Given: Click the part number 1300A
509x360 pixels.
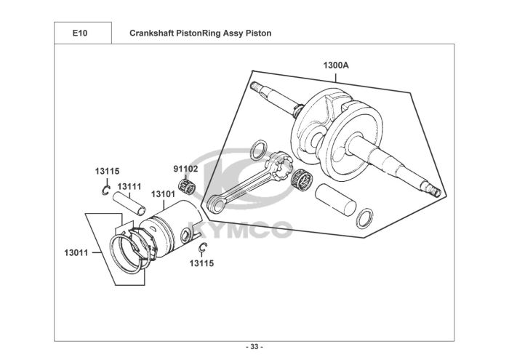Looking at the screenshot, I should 337,65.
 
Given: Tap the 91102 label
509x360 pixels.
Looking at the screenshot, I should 185,169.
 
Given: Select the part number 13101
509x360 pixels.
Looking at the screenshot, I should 163,194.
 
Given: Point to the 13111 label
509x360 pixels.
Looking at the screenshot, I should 129,186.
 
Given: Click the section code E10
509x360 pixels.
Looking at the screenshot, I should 81,33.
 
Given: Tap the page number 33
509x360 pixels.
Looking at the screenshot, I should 254,345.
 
